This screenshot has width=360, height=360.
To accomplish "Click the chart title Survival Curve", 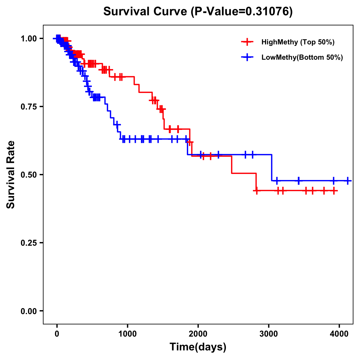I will pyautogui.click(x=146, y=11).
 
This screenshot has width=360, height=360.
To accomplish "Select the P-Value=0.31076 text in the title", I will pyautogui.click(x=242, y=11).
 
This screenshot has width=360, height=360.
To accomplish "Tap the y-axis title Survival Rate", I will pyautogui.click(x=11, y=174).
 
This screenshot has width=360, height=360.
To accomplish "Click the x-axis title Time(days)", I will pyautogui.click(x=198, y=347).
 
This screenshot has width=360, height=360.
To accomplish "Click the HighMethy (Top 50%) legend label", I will pyautogui.click(x=298, y=42).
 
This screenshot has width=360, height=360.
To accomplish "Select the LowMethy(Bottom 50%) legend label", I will pyautogui.click(x=302, y=57).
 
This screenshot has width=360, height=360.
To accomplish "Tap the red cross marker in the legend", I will pyautogui.click(x=247, y=42).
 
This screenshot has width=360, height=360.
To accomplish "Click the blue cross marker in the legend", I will pyautogui.click(x=247, y=57).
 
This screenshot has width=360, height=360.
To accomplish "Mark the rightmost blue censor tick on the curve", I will pyautogui.click(x=347, y=181).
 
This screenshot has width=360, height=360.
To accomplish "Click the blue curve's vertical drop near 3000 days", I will pyautogui.click(x=272, y=168).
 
